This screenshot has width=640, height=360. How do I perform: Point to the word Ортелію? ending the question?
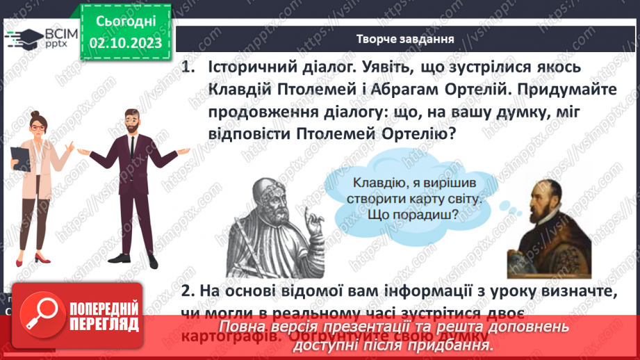click(x=416, y=133)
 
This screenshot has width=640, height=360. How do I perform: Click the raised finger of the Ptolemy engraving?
click(x=313, y=221)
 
